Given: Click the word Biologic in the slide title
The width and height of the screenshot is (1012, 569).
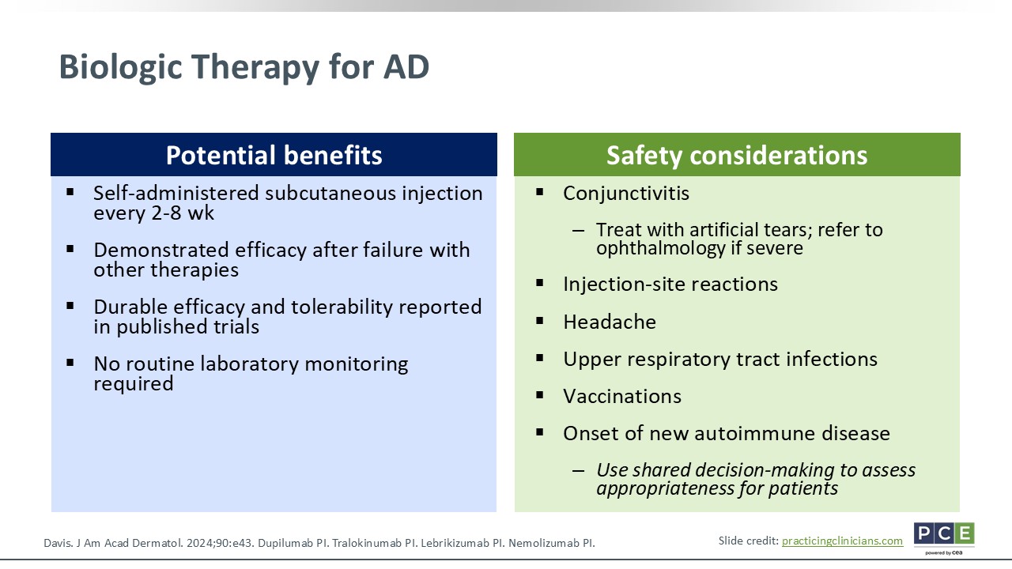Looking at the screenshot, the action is click(121, 68).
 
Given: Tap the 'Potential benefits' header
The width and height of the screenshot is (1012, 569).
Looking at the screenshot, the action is click(274, 155).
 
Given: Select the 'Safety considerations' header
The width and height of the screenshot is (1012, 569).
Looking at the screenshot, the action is click(737, 155).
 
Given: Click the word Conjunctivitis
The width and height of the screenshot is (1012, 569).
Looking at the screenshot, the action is click(625, 194).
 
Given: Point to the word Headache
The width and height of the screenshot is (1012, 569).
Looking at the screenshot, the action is click(610, 322).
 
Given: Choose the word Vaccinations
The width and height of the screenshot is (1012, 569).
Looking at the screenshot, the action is click(621, 397).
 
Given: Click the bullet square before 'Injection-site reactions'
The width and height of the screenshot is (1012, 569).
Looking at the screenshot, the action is click(539, 283).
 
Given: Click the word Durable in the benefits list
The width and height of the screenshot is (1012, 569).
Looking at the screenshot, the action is click(130, 307).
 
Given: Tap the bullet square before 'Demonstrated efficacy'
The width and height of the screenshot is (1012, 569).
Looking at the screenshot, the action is click(70, 249).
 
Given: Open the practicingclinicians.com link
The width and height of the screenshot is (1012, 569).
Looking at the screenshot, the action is click(842, 541).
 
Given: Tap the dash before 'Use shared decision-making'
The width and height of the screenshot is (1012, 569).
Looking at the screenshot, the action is click(578, 471).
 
